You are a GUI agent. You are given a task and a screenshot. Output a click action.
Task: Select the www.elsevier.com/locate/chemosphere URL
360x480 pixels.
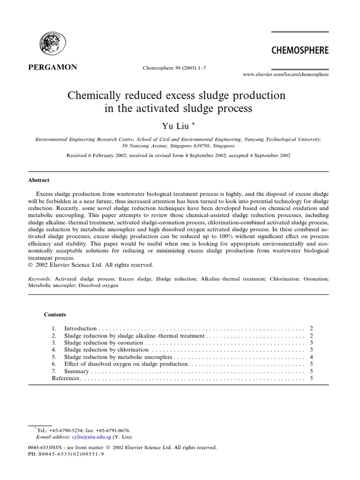(285, 74)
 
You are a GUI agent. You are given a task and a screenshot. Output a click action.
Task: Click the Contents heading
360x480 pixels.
(55, 315)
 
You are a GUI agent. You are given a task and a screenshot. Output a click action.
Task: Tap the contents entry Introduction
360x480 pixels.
(80, 329)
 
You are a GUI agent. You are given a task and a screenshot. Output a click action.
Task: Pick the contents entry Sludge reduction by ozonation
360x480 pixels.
(103, 343)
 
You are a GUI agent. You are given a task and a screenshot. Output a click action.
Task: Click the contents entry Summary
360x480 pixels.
(76, 371)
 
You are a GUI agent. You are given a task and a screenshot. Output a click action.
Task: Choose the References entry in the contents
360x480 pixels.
(66, 378)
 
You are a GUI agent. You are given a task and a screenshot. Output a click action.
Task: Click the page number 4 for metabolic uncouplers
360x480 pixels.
(311, 357)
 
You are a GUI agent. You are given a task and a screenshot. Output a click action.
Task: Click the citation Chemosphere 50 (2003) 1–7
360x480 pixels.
(174, 67)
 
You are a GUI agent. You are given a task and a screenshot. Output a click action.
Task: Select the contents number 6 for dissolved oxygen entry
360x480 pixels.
(54, 364)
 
